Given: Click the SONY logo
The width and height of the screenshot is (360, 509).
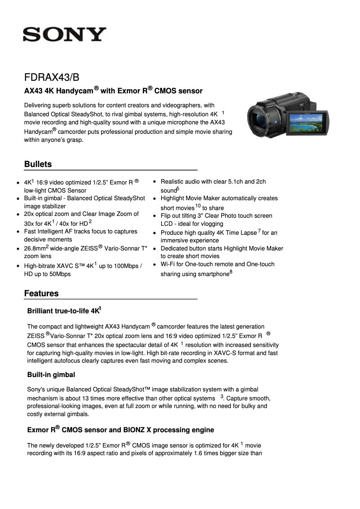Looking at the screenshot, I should [x=65, y=34].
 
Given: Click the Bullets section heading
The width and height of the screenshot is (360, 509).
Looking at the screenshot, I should [x=38, y=164].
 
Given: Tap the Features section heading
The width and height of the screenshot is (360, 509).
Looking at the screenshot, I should [x=41, y=294].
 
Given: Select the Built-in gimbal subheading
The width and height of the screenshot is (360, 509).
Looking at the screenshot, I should [x=51, y=374].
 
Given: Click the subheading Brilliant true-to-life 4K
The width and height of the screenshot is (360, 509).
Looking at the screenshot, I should [x=64, y=311].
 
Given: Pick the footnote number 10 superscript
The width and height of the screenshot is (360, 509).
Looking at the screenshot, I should [x=198, y=206].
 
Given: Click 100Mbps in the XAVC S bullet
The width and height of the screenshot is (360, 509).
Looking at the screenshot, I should [x=127, y=266].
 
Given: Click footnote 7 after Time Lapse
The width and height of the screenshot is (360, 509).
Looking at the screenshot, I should [x=259, y=231].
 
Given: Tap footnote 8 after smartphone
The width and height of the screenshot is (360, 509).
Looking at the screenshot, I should [x=231, y=272].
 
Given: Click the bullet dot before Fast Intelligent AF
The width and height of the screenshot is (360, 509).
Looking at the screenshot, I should [x=17, y=232].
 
